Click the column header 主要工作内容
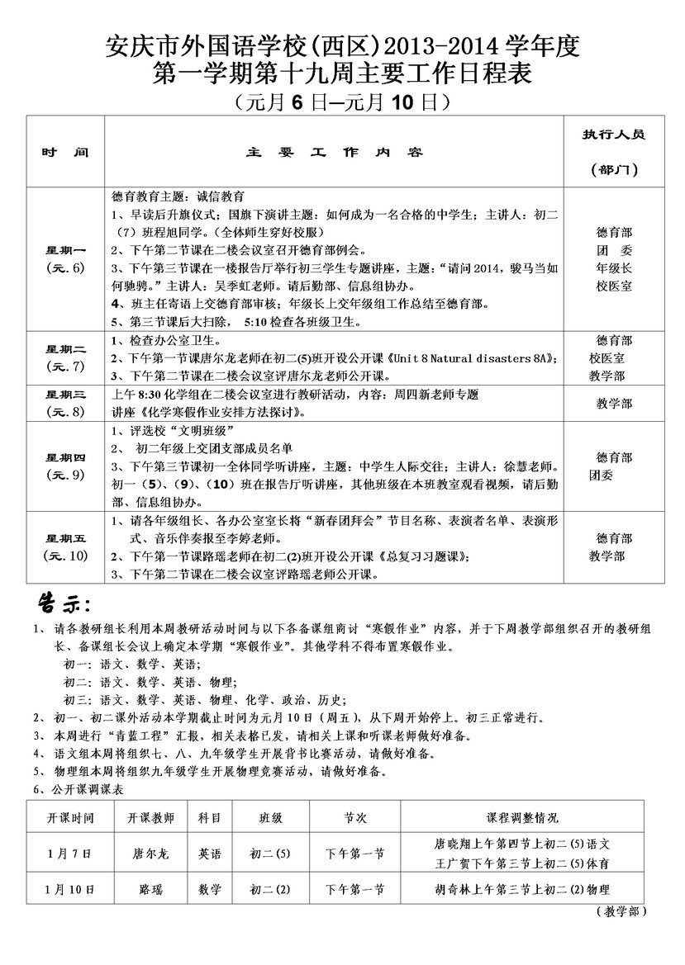pos(335,154)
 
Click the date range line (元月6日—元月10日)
pos(342,102)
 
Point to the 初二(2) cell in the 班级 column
pos(271,889)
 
